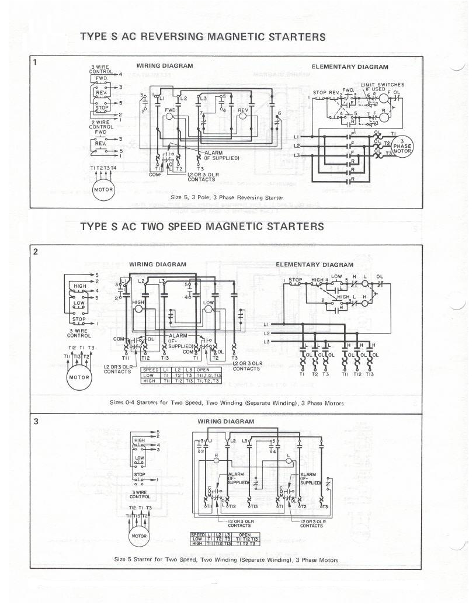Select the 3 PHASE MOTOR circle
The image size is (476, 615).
pyautogui.click(x=402, y=146)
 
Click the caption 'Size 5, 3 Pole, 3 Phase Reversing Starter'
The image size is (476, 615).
pyautogui.click(x=227, y=197)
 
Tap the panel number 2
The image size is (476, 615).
pyautogui.click(x=36, y=252)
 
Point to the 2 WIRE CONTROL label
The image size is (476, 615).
pyautogui.click(x=101, y=124)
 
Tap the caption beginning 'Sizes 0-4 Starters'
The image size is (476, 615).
pyautogui.click(x=227, y=403)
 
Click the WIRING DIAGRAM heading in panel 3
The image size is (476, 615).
pyautogui.click(x=226, y=421)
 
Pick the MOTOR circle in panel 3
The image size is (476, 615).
pyautogui.click(x=139, y=536)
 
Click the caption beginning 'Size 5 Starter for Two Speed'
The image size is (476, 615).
pyautogui.click(x=226, y=560)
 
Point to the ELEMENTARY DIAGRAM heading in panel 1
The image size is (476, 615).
pyautogui.click(x=350, y=67)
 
